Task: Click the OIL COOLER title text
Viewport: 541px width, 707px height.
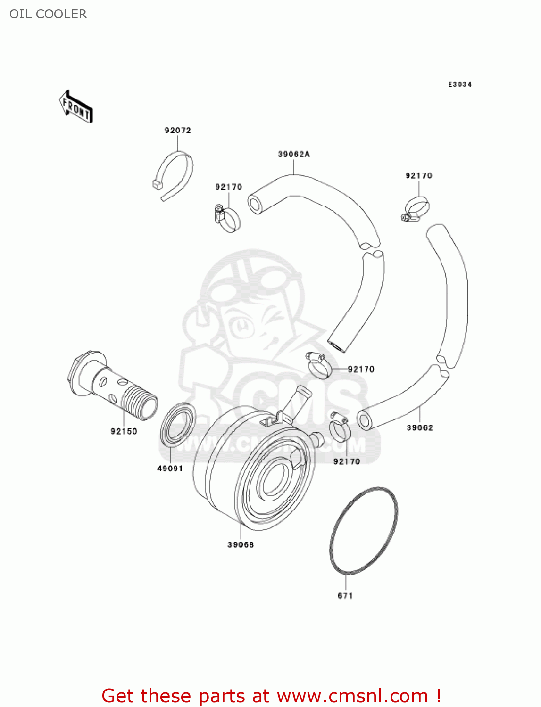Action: (48, 14)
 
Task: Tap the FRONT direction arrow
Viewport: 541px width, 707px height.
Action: (76, 107)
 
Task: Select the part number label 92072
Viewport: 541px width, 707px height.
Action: (178, 131)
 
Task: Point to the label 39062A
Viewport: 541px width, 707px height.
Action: (293, 155)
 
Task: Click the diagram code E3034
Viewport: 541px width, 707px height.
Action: (459, 84)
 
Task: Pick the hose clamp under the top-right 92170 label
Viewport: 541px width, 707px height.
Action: (416, 209)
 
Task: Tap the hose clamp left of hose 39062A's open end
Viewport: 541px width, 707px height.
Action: (227, 219)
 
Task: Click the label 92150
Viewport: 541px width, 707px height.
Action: (124, 431)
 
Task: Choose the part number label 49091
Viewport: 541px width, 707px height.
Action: (170, 469)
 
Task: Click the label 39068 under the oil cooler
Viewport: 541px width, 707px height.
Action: (241, 545)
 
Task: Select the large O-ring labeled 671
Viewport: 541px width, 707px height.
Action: (363, 531)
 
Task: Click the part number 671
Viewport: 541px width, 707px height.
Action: (345, 596)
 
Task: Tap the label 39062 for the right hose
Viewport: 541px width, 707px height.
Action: (420, 428)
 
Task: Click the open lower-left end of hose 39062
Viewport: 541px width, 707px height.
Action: (364, 420)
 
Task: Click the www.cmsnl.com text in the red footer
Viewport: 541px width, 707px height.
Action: (352, 696)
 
